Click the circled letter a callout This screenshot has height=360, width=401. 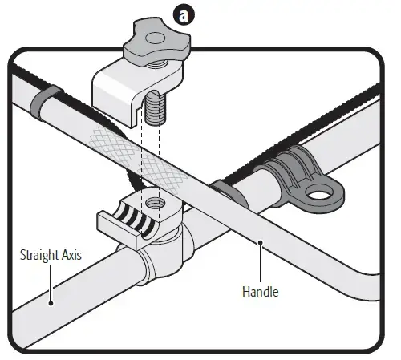pyautogui.click(x=184, y=15)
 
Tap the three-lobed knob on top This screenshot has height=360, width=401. pyautogui.click(x=157, y=42)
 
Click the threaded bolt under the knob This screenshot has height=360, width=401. pyautogui.click(x=155, y=107)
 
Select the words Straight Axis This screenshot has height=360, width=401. pyautogui.click(x=51, y=255)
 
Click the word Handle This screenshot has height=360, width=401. pyautogui.click(x=261, y=292)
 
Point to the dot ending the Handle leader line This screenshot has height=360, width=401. pyautogui.click(x=260, y=242)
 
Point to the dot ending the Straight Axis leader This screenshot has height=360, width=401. pyautogui.click(x=51, y=303)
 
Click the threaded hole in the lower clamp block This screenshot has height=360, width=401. pyautogui.click(x=155, y=204)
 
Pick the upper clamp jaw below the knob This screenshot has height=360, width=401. pyautogui.click(x=136, y=91)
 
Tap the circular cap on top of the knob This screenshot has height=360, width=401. pyautogui.click(x=155, y=38)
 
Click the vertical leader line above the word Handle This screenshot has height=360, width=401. pyautogui.click(x=261, y=263)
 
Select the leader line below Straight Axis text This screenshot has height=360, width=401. pyautogui.click(x=51, y=282)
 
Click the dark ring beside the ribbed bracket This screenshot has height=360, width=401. pyautogui.click(x=230, y=193)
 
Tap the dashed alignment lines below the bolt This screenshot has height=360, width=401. pyautogui.click(x=150, y=167)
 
